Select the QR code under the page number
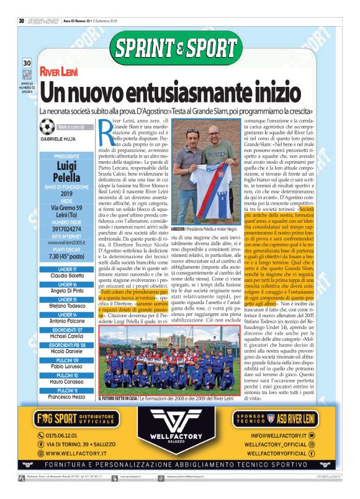tap(27, 74)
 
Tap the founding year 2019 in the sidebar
tap(66, 193)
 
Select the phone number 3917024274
tap(66, 228)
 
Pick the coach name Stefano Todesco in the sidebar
tap(66, 305)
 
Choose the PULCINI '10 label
tap(66, 375)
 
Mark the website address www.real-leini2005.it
tap(66, 244)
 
